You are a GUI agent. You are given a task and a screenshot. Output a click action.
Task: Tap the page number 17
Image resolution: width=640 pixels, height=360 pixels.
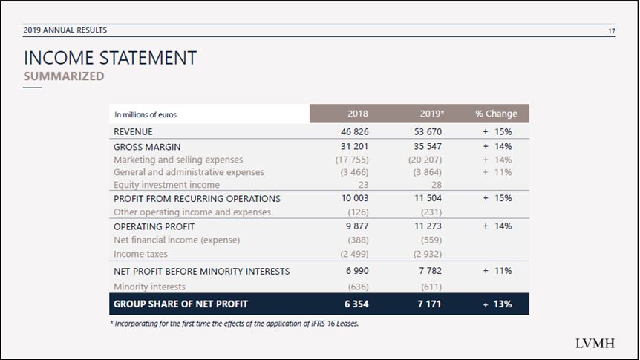pos(611,30)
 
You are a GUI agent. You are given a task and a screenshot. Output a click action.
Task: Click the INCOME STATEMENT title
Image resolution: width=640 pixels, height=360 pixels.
pos(110,58)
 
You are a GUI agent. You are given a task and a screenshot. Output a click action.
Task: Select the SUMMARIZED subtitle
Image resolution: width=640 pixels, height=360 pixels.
pos(64,76)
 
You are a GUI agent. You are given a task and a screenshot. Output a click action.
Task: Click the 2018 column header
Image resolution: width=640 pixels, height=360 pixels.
pos(357,114)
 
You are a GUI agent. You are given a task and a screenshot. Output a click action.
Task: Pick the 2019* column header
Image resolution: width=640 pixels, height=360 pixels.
pos(431,114)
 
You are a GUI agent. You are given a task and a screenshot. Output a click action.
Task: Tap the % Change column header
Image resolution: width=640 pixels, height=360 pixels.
pos(496,114)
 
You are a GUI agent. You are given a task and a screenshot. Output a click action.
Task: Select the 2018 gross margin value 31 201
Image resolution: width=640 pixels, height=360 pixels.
pos(354,147)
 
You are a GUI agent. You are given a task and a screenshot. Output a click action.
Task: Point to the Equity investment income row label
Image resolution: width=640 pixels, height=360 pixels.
pos(166,185)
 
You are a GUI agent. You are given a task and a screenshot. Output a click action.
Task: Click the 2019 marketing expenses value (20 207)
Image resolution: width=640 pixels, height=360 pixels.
pos(425,160)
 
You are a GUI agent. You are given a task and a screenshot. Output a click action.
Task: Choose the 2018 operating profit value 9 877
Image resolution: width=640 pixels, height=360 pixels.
pos(357,226)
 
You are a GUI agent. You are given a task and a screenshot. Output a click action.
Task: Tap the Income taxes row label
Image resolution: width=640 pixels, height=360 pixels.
pos(140,254)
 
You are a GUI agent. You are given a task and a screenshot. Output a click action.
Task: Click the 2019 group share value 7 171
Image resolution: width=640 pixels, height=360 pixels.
pos(430,304)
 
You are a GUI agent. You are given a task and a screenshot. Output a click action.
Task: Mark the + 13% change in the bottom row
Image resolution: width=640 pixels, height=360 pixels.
pos(497,304)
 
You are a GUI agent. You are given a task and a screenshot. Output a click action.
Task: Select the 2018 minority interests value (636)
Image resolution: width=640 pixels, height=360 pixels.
pos(358,287)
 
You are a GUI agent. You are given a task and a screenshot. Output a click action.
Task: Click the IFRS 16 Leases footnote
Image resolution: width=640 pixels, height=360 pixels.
pos(235,323)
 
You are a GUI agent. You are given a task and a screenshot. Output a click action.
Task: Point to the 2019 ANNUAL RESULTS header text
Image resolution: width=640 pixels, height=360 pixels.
pos(65,30)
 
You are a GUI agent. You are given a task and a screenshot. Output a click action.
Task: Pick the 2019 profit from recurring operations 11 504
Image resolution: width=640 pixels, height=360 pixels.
pos(428,198)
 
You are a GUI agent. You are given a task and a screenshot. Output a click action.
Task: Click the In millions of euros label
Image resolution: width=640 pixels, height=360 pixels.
pos(146,114)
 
